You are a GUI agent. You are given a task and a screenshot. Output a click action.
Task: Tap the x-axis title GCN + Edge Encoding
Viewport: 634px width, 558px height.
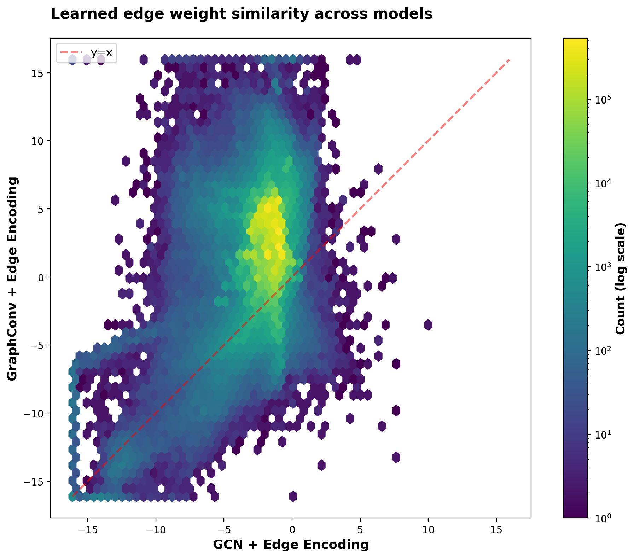291,545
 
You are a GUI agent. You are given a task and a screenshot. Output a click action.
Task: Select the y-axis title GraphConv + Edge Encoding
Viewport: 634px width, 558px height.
12,279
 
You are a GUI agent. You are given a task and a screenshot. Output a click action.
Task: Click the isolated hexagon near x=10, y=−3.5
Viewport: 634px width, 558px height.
428,324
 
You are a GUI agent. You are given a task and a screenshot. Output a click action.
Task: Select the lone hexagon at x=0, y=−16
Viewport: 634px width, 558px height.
293,496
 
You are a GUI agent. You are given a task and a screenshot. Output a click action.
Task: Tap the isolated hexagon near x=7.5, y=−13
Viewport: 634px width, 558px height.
396,457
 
